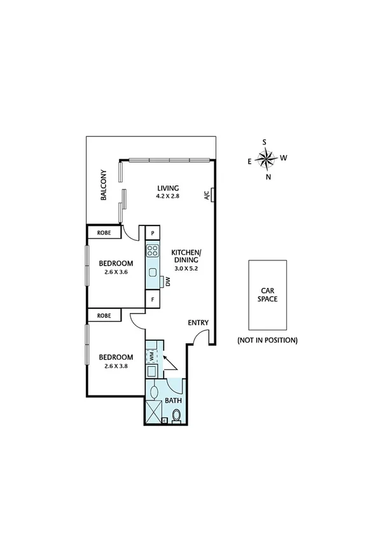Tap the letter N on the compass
click(268, 177)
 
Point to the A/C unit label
click(207, 195)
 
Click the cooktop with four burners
click(152, 250)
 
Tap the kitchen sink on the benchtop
click(153, 273)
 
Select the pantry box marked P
click(153, 232)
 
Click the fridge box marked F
click(153, 299)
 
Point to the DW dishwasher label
click(168, 281)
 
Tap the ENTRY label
click(198, 323)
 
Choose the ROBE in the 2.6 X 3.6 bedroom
click(105, 232)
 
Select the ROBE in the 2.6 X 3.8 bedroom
click(105, 315)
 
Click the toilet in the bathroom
click(177, 416)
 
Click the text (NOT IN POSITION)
click(267, 340)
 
